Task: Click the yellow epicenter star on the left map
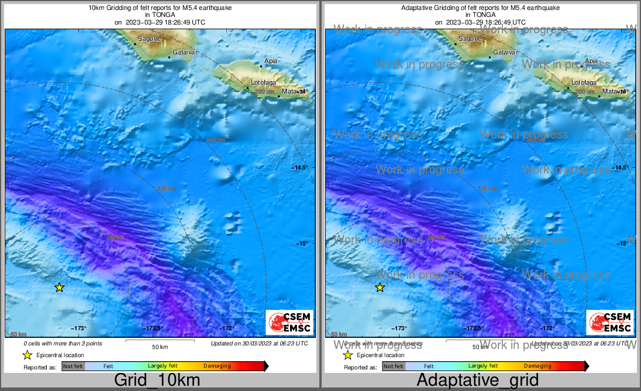[59, 287]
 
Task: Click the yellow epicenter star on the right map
[380, 287]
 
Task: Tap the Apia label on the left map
[271, 61]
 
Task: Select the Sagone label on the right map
[470, 39]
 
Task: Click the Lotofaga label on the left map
[263, 82]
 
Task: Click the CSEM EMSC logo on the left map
[289, 323]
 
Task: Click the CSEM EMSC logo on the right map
[609, 323]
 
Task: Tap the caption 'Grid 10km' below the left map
[157, 380]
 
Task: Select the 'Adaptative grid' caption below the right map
[477, 380]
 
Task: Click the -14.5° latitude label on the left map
[300, 168]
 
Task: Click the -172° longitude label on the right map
[546, 328]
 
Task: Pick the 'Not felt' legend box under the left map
[73, 366]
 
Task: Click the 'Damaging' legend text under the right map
[537, 366]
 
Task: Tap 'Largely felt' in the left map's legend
[162, 366]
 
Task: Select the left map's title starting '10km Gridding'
[160, 8]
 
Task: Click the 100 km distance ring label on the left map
[167, 188]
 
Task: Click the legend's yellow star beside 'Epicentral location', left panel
[27, 355]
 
